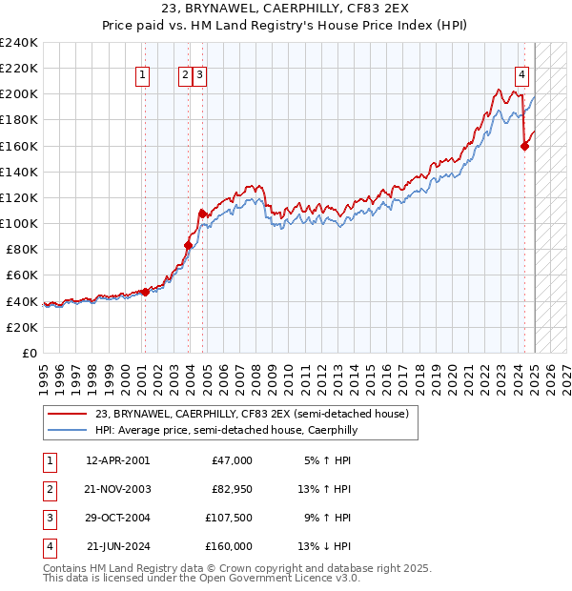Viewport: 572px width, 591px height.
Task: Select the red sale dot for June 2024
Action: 524,146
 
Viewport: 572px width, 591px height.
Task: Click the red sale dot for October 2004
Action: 201,214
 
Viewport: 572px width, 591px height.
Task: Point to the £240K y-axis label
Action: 19,43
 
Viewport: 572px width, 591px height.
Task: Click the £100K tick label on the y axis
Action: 19,223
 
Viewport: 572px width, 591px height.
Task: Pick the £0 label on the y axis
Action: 31,353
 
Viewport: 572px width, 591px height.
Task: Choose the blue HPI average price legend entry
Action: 226,431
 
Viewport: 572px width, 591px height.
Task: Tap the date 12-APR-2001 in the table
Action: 117,460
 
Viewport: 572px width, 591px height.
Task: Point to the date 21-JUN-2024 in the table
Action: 117,546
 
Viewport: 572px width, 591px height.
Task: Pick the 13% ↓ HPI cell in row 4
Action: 325,546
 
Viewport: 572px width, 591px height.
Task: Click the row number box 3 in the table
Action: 49,518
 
